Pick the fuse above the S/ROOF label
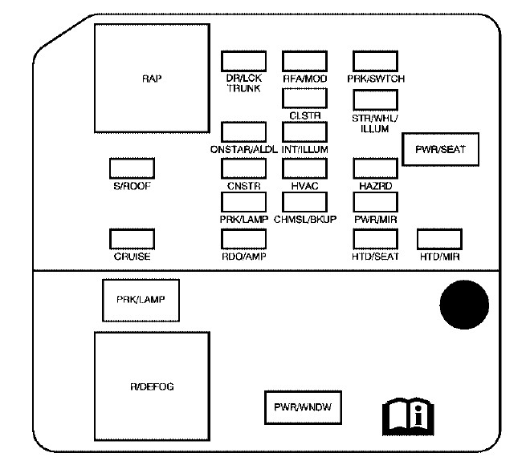pyautogui.click(x=132, y=168)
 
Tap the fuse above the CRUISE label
pyautogui.click(x=132, y=238)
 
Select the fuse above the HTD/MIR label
pyautogui.click(x=440, y=238)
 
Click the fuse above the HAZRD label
pyautogui.click(x=375, y=168)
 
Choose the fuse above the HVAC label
pyautogui.click(x=304, y=168)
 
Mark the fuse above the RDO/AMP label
pyautogui.click(x=243, y=238)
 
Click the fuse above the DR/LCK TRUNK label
pyautogui.click(x=243, y=61)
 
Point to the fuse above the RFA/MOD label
pyautogui.click(x=304, y=61)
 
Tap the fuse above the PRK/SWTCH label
pyautogui.click(x=375, y=61)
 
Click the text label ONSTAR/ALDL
pyautogui.click(x=243, y=148)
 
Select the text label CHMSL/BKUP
pyautogui.click(x=304, y=219)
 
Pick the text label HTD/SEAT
pyautogui.click(x=375, y=257)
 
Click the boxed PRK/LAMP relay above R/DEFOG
pyautogui.click(x=140, y=300)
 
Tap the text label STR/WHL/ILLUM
pyautogui.click(x=375, y=123)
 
